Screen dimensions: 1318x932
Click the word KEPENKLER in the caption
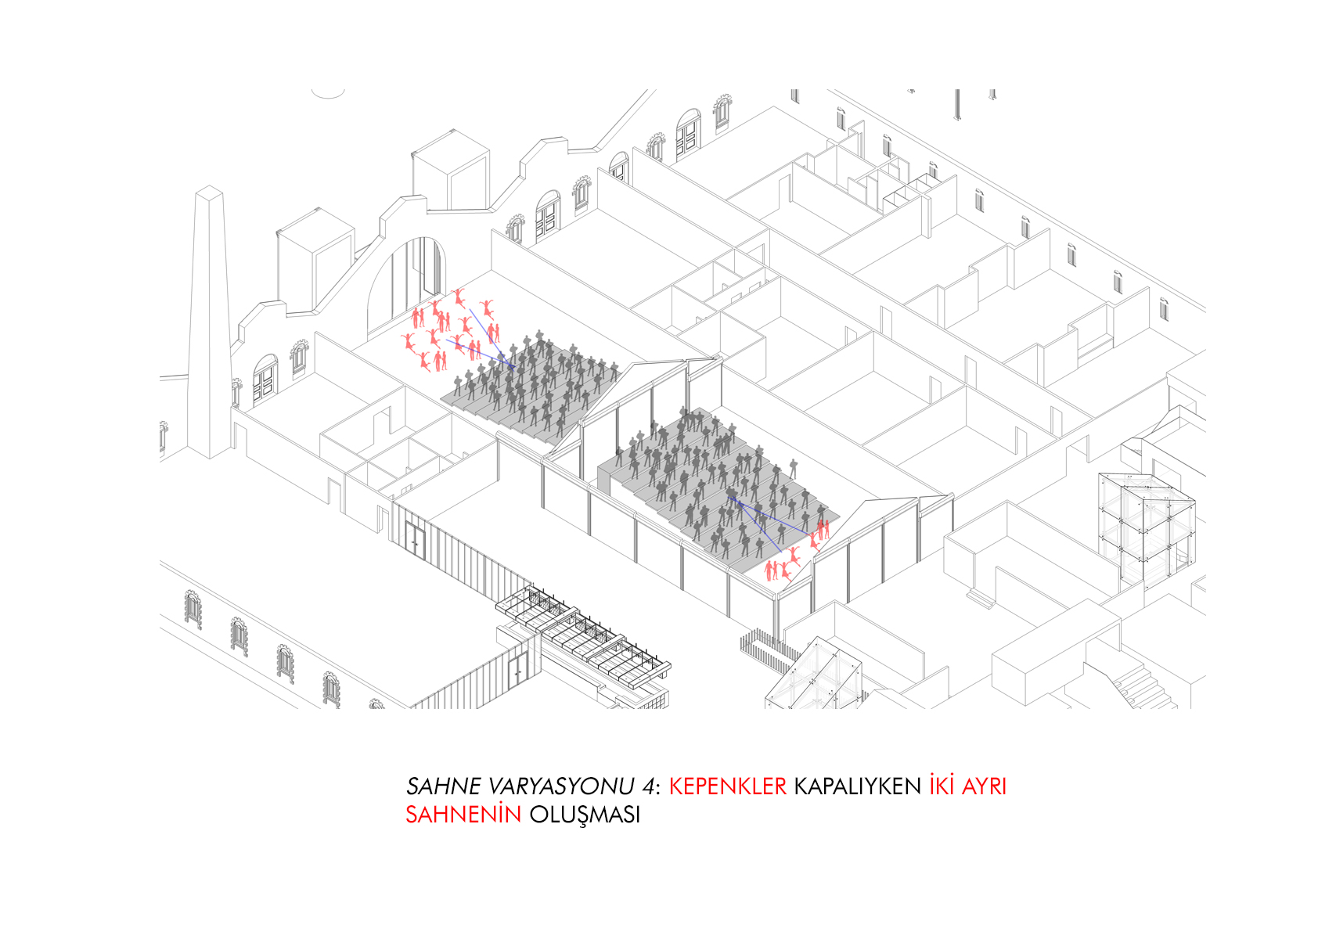(727, 786)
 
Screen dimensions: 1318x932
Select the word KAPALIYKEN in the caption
(858, 786)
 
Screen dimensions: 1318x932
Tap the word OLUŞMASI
(585, 815)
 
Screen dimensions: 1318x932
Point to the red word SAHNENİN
(463, 814)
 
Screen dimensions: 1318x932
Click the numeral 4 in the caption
(648, 786)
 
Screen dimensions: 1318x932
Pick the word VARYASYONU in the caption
(561, 786)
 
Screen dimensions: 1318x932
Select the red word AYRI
(984, 786)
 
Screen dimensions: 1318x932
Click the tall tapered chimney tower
(210, 322)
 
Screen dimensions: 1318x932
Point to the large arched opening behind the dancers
(405, 285)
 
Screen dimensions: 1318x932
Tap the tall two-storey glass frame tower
(1146, 530)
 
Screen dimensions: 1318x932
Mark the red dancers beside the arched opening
(450, 329)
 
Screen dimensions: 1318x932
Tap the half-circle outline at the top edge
(328, 94)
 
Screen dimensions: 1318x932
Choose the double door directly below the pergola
(518, 671)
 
